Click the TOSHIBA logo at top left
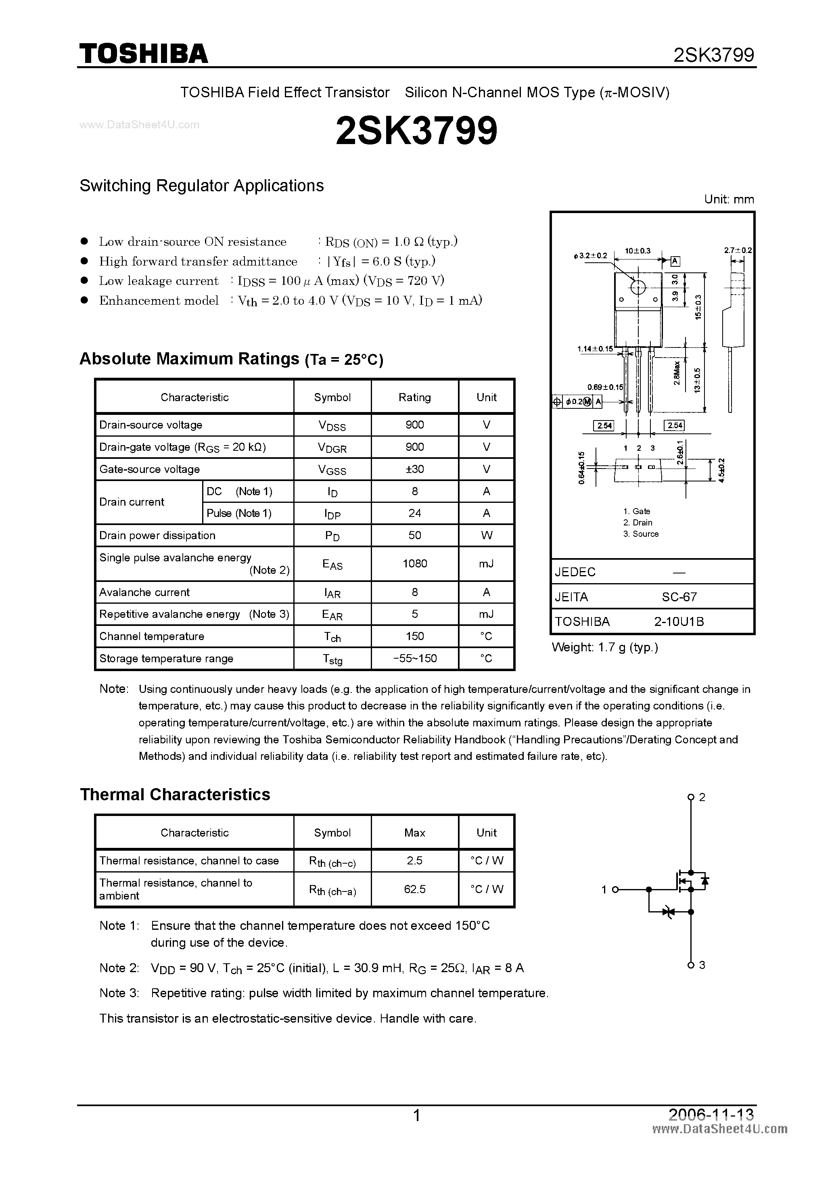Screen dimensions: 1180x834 point(143,53)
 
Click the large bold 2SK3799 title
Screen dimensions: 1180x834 point(416,130)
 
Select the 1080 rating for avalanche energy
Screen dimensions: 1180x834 point(415,563)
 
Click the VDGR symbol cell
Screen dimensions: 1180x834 point(332,448)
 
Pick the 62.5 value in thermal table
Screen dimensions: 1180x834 point(415,889)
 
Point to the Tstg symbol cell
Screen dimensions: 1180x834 point(332,659)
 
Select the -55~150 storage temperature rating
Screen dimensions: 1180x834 point(415,658)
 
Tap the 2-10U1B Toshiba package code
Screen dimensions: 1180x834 point(679,622)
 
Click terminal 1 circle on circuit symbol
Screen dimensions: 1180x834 point(615,889)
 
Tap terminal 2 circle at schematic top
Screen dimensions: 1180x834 point(691,797)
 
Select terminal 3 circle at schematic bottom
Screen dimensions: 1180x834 point(691,965)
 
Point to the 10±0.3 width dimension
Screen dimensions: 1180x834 point(638,251)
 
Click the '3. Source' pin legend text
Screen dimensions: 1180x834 point(641,534)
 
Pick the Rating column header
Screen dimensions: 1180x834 point(415,397)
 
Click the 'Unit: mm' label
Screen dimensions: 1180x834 point(729,199)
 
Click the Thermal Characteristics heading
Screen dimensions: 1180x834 point(175,795)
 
